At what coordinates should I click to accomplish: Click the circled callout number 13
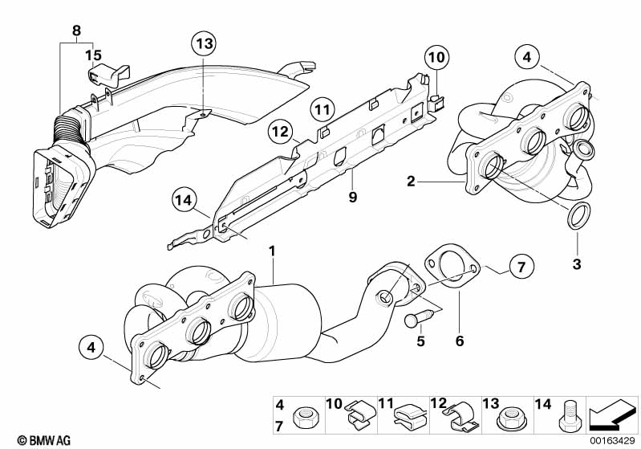[205, 43]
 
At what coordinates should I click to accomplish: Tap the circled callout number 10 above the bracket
[436, 57]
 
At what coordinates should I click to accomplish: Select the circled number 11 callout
[323, 110]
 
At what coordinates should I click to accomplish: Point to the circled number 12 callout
[281, 132]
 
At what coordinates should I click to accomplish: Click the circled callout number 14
[184, 200]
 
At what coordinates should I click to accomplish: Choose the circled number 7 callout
[521, 267]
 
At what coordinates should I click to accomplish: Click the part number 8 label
[76, 31]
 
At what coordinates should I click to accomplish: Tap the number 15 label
[93, 55]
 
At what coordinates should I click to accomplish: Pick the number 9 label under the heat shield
[353, 198]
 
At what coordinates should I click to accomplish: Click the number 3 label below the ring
[576, 264]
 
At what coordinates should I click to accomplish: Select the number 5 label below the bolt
[421, 341]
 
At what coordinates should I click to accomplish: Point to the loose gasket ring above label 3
[579, 215]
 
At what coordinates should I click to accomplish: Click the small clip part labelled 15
[109, 75]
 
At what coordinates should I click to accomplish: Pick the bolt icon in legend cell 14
[568, 416]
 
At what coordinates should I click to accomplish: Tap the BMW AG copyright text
[44, 440]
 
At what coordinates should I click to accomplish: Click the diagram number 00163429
[612, 441]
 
